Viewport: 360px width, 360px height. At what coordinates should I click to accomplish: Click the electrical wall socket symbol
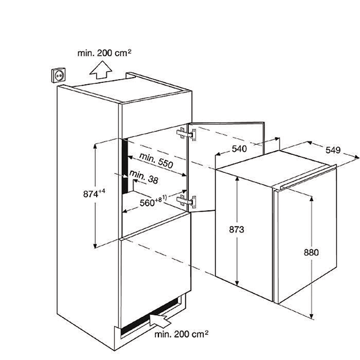(x=58, y=75)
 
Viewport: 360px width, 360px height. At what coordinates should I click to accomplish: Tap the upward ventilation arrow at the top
(x=101, y=70)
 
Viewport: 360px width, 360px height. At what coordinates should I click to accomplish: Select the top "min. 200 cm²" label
(x=104, y=53)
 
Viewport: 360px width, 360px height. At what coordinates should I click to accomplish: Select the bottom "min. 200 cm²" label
(x=182, y=334)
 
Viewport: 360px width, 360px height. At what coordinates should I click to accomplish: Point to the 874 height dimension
(x=94, y=193)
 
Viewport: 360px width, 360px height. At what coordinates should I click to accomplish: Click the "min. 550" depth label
(x=156, y=160)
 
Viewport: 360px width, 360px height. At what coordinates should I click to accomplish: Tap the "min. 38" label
(x=144, y=177)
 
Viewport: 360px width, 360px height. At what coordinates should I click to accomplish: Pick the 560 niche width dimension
(x=153, y=201)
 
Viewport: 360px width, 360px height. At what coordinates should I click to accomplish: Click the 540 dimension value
(x=239, y=149)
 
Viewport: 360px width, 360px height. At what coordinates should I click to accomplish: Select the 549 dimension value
(x=333, y=150)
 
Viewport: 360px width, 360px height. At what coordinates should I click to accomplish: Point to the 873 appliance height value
(x=237, y=229)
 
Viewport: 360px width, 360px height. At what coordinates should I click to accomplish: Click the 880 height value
(x=311, y=253)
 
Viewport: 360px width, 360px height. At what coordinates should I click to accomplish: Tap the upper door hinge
(x=186, y=134)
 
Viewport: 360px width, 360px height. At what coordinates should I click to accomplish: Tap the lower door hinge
(x=186, y=202)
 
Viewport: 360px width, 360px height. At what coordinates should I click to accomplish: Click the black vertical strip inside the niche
(x=125, y=167)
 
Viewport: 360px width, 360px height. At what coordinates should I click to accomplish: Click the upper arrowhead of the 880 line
(x=312, y=199)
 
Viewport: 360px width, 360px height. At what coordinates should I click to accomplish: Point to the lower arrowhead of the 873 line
(x=237, y=283)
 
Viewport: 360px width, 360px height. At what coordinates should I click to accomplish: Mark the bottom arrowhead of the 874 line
(x=95, y=246)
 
